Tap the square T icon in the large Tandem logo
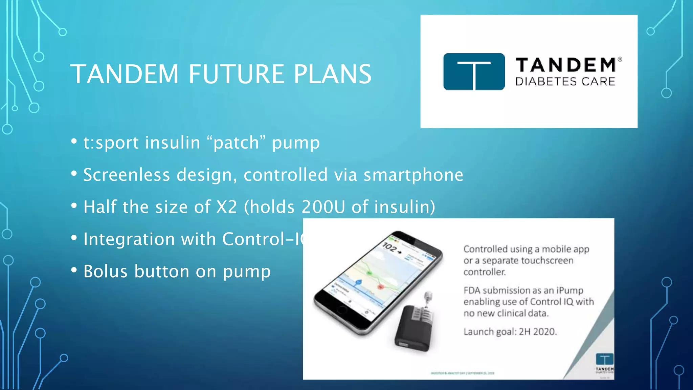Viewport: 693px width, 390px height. [474, 71]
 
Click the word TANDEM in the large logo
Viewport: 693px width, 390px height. [565, 65]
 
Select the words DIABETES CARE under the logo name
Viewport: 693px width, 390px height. [565, 82]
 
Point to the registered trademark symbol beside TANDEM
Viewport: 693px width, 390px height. [620, 59]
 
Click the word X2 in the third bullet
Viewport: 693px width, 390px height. [226, 207]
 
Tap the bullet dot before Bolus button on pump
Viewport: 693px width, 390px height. [74, 270]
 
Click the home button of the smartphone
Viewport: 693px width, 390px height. [342, 309]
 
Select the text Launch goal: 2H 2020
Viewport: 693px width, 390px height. [510, 331]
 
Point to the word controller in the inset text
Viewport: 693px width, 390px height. [484, 272]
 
